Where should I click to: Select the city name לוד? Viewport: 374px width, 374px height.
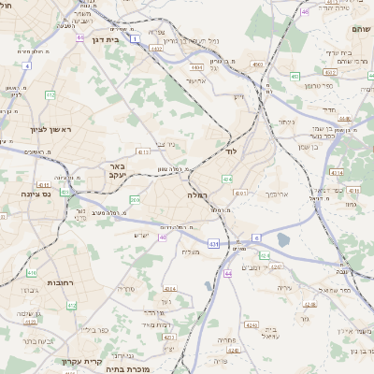point(232,151)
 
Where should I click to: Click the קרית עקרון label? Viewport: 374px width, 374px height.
point(77,362)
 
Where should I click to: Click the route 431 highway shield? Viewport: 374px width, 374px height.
point(213,244)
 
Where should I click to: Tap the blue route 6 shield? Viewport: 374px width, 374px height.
point(256,238)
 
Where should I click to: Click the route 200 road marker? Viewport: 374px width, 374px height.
point(135,199)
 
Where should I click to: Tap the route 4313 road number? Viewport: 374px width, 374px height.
point(240,193)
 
